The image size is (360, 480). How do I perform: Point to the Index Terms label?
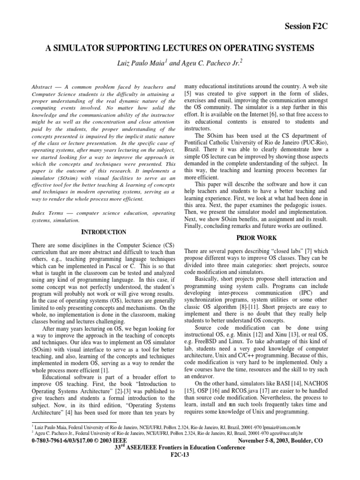tap(47, 213)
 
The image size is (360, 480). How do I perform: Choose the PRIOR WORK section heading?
tap(256, 239)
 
